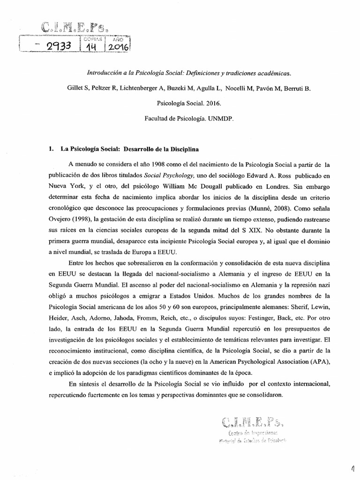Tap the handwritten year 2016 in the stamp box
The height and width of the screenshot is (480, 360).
click(x=116, y=46)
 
